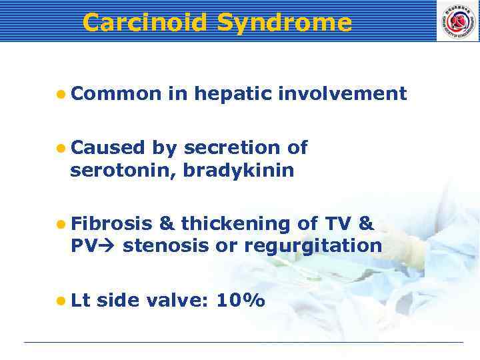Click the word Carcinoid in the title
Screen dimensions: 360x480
point(145,23)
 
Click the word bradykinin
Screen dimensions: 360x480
point(238,171)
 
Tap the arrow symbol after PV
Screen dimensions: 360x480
point(107,246)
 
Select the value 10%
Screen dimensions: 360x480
point(240,301)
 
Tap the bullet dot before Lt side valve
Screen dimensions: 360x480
point(61,301)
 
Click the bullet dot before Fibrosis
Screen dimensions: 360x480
point(61,223)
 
